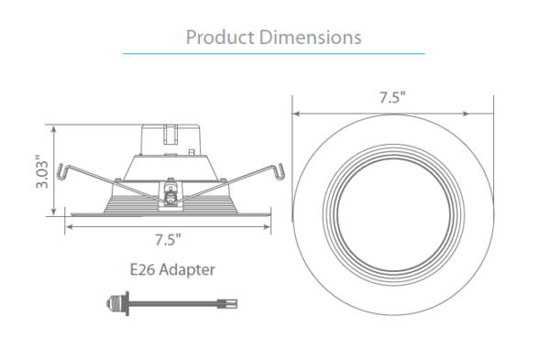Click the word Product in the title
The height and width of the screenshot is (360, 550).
click(x=220, y=38)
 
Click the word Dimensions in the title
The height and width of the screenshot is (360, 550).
click(x=311, y=38)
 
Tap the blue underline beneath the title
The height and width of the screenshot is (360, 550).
click(x=273, y=54)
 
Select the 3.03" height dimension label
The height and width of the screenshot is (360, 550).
click(x=42, y=171)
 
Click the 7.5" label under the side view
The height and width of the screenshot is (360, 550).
click(x=168, y=240)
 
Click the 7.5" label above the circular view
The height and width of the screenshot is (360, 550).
click(x=392, y=97)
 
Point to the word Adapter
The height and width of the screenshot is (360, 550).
click(x=187, y=270)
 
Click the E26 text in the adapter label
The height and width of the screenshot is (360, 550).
click(x=143, y=270)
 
